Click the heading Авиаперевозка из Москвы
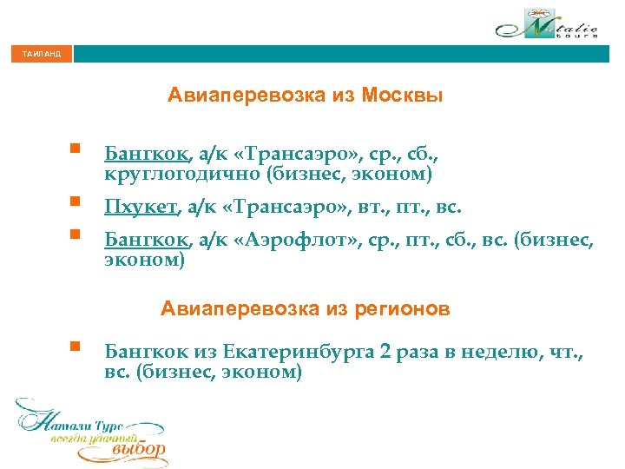[305, 96]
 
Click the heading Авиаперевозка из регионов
[305, 308]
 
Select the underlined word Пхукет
[141, 208]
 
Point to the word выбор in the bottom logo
[139, 450]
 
